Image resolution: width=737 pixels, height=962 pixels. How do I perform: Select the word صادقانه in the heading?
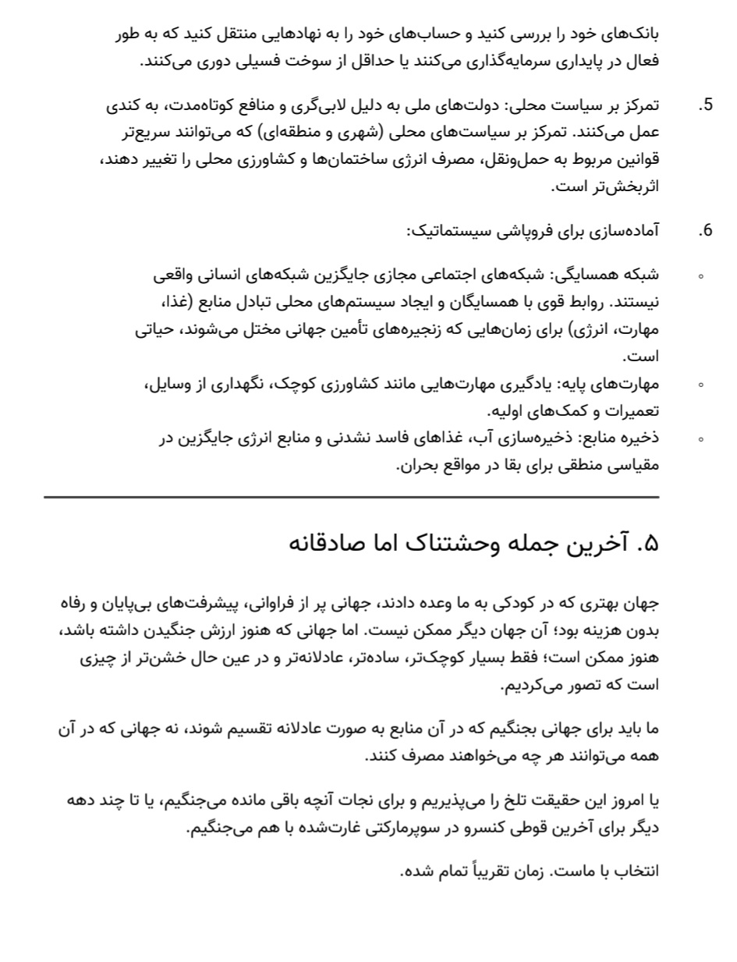click(328, 543)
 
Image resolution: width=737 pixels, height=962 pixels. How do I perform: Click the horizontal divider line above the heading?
click(351, 497)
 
